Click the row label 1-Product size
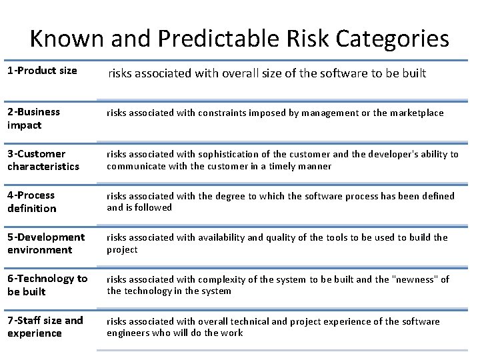click(42, 70)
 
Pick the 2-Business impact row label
click(33, 118)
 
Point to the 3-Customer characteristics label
click(43, 160)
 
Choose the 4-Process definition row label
click(32, 201)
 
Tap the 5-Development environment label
click(46, 243)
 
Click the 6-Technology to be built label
click(47, 285)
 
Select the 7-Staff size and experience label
click(45, 326)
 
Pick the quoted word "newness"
click(416, 279)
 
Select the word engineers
click(129, 333)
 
